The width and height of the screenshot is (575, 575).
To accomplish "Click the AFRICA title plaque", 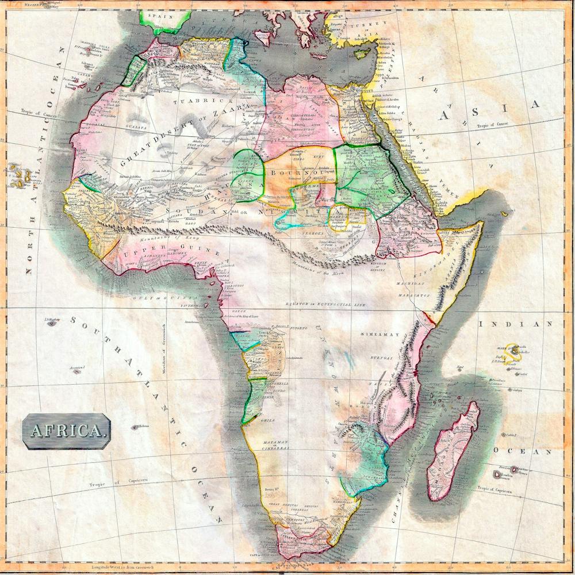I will point(67,430).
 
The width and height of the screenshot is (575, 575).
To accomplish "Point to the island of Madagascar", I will point(454,452).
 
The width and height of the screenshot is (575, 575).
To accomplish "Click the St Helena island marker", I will point(137,427).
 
